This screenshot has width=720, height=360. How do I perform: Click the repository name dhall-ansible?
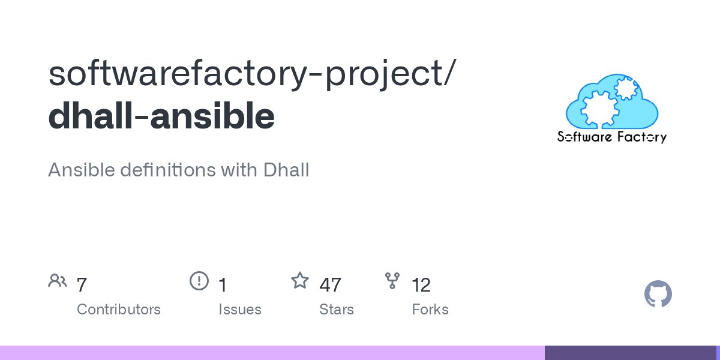[161, 115]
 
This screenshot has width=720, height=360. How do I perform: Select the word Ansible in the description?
[82, 169]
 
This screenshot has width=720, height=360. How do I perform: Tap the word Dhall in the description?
[286, 169]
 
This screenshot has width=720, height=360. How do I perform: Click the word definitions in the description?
[168, 169]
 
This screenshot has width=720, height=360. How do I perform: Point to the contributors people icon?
[58, 281]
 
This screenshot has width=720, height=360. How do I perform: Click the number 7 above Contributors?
[82, 285]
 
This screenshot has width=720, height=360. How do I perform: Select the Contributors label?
[119, 310]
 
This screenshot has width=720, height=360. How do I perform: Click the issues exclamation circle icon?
[199, 281]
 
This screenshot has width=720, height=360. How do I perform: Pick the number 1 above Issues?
[223, 285]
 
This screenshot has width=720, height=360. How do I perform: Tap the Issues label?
[240, 310]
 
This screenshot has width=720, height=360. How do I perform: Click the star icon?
[300, 280]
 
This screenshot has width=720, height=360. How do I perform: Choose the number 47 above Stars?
[330, 285]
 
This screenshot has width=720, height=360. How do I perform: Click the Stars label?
[337, 310]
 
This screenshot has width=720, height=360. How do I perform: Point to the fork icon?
[392, 281]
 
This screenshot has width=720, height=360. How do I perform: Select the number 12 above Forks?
[421, 285]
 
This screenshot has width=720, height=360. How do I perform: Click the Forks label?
[430, 310]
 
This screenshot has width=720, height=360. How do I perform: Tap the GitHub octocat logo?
[658, 294]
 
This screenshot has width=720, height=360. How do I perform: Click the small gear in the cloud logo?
[625, 88]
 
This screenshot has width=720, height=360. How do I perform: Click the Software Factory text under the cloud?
[612, 137]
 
